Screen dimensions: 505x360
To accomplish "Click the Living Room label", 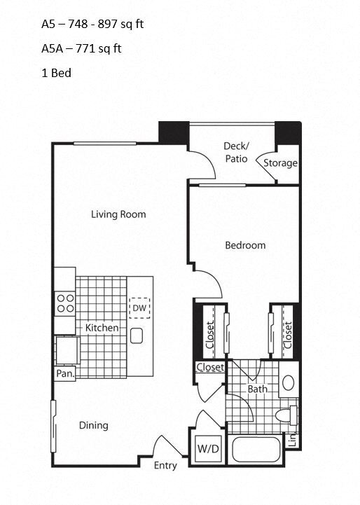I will click(118, 214).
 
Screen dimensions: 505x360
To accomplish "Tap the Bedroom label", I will click(245, 245).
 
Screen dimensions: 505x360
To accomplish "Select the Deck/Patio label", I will click(236, 152).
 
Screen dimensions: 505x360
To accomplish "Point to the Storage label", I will click(280, 163).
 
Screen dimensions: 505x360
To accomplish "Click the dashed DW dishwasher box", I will click(139, 307).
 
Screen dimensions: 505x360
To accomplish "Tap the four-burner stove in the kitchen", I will click(65, 303).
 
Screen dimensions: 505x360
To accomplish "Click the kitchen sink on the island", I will click(137, 335).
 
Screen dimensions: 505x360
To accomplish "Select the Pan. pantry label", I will click(65, 374).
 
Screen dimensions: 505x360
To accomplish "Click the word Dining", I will click(93, 425).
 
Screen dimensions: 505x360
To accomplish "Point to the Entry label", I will click(165, 466).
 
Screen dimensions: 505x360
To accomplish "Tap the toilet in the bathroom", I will click(287, 415).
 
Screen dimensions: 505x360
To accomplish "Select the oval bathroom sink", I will click(288, 382).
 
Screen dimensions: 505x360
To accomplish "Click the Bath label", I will click(256, 388).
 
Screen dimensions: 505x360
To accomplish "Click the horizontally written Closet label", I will click(209, 368).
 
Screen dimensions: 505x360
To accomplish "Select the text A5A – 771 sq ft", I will click(81, 48).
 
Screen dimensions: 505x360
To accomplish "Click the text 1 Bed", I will click(57, 72).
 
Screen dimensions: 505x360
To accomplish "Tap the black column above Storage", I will click(287, 131).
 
